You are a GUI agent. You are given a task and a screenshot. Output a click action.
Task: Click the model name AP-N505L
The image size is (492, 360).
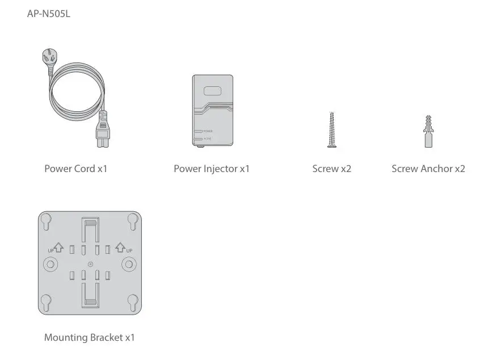(x=49, y=13)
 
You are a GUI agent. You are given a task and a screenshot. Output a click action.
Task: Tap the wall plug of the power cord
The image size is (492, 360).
(x=48, y=57)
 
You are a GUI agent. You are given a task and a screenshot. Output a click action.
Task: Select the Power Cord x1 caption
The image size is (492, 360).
(x=75, y=169)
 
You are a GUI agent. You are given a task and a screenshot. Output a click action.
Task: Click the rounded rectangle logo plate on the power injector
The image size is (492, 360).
(x=212, y=91)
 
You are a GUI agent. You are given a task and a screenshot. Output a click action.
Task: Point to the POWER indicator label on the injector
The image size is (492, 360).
(x=207, y=131)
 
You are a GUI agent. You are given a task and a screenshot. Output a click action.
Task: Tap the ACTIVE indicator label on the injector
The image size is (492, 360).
(x=207, y=138)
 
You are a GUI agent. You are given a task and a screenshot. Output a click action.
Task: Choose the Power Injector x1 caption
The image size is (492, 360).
(x=211, y=169)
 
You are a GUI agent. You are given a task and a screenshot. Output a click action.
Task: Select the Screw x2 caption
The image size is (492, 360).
(x=331, y=169)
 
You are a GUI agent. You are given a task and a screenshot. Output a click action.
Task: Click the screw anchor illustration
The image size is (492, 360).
(x=428, y=131)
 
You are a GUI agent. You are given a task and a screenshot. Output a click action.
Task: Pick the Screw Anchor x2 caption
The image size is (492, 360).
(x=428, y=169)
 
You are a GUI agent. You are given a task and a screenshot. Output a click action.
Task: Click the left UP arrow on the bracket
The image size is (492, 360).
(x=58, y=248)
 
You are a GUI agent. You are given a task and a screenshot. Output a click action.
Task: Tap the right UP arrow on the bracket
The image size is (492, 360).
(x=120, y=248)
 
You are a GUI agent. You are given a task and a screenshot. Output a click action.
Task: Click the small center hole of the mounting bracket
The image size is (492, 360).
(x=90, y=264)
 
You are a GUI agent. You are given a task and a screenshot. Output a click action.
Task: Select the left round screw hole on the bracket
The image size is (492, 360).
(x=50, y=264)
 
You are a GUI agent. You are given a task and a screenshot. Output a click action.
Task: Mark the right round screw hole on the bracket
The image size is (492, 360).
(x=129, y=264)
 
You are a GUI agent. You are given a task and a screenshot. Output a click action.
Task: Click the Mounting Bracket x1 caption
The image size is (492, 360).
(x=90, y=337)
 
